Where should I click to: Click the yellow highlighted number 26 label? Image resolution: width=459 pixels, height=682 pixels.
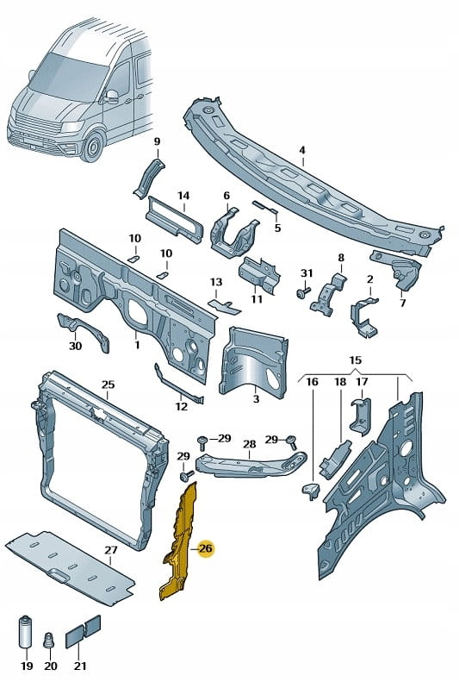tap(206, 548)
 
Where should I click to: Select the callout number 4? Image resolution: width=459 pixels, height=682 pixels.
tap(302, 151)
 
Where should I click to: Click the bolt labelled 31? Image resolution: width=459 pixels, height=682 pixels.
tap(303, 291)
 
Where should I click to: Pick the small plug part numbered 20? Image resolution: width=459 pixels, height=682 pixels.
tap(50, 640)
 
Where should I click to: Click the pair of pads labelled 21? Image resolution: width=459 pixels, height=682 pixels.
tap(83, 631)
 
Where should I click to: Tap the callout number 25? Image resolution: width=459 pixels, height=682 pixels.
tap(109, 385)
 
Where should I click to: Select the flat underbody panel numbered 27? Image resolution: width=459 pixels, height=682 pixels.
tap(71, 566)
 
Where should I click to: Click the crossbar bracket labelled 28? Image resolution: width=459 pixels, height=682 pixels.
tap(250, 465)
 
